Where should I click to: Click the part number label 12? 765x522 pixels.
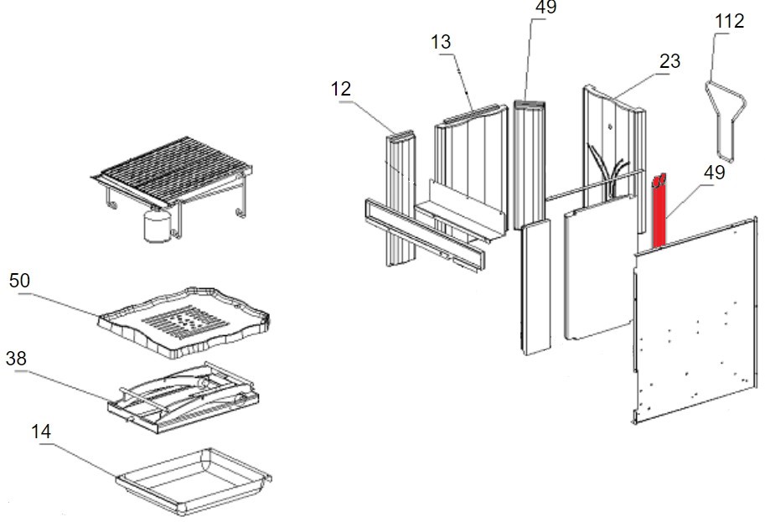tap(342, 88)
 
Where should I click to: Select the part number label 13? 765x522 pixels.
tap(442, 41)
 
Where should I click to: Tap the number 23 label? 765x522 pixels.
tap(669, 61)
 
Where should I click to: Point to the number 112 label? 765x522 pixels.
tap(729, 21)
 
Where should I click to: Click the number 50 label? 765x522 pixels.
tap(19, 280)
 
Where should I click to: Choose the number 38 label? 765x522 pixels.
tap(16, 358)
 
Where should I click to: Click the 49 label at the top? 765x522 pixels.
tap(545, 8)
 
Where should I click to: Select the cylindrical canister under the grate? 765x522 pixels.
tap(156, 226)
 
